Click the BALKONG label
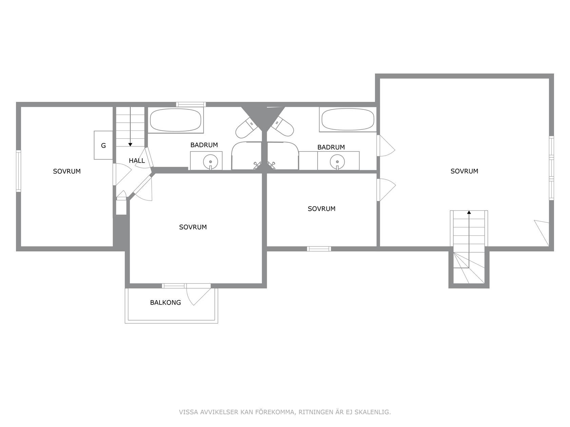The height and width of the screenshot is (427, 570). click(x=166, y=303)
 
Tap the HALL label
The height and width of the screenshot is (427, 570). click(x=137, y=161)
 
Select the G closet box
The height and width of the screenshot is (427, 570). click(x=103, y=145)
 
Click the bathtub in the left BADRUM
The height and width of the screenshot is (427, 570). click(x=175, y=120)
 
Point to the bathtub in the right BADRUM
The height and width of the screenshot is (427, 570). click(x=348, y=119)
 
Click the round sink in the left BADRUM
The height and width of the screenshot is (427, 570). click(x=210, y=162)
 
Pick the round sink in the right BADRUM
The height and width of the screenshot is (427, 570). click(x=337, y=162)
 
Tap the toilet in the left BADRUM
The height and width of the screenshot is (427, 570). click(x=246, y=127)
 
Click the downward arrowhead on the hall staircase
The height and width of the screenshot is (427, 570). click(x=130, y=145)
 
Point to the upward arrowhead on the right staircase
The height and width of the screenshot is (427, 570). click(x=469, y=212)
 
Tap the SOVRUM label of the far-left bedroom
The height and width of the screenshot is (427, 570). click(x=67, y=171)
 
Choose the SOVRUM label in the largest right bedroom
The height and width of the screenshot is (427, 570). click(x=464, y=171)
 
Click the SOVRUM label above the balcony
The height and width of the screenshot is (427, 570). click(x=193, y=227)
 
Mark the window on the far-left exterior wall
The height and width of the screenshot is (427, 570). click(x=18, y=171)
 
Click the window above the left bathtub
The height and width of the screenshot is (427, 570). click(x=191, y=104)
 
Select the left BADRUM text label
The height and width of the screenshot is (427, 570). click(x=204, y=145)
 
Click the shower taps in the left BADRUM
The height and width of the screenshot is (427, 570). click(x=257, y=165)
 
